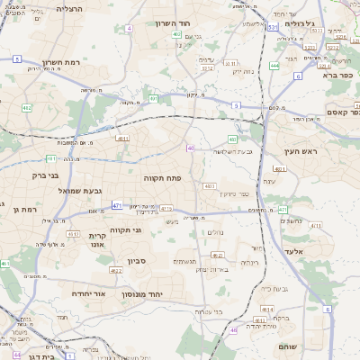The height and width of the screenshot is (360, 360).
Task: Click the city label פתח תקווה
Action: (164, 178)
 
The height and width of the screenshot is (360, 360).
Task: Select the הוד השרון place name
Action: (175, 23)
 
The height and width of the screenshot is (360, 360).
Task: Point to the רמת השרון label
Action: (63, 64)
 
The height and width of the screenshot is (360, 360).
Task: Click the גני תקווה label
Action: (126, 230)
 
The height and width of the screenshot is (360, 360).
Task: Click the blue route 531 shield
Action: (272, 28)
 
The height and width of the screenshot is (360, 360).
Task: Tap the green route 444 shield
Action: (274, 66)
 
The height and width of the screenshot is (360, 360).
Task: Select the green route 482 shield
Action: (27, 108)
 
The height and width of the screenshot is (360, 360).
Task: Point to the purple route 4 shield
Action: (129, 29)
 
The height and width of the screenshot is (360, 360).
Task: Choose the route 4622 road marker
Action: (116, 270)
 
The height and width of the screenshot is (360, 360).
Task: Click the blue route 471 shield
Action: (117, 206)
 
